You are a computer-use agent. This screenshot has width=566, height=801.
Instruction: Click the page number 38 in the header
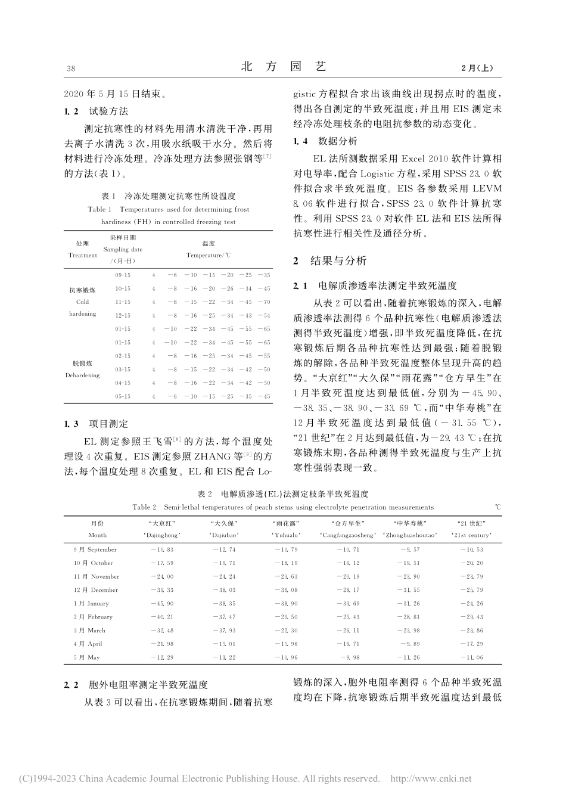(x=70, y=69)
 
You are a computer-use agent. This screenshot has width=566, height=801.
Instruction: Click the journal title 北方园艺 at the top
(x=284, y=67)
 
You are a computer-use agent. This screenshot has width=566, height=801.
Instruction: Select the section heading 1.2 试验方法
(x=96, y=111)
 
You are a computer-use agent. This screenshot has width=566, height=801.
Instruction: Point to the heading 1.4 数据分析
(x=326, y=142)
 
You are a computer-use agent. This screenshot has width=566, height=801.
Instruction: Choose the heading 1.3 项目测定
(x=96, y=424)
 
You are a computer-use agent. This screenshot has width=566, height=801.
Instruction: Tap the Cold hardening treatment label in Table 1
(x=82, y=302)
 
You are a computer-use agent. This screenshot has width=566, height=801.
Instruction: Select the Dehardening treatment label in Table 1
(x=82, y=369)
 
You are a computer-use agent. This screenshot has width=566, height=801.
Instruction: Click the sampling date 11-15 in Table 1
(x=123, y=302)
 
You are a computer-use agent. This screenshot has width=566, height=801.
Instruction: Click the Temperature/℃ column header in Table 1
(x=209, y=249)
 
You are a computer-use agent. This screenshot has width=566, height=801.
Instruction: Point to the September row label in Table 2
(x=95, y=549)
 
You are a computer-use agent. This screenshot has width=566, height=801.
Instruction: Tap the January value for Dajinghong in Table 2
(x=162, y=604)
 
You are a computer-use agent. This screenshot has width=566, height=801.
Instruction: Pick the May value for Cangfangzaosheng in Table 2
(x=349, y=658)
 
